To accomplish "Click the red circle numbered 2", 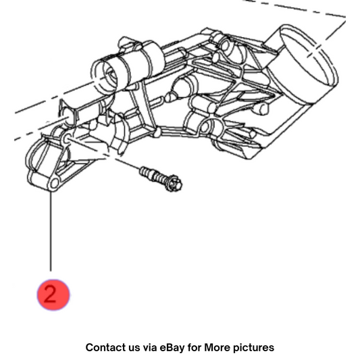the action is click(53, 294).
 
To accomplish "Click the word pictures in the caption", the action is click(254, 348).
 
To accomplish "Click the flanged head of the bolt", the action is click(174, 183).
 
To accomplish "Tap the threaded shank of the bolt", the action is click(153, 175).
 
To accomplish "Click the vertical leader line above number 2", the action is click(51, 232).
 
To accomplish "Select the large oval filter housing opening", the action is click(309, 55).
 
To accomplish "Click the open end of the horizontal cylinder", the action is click(104, 76).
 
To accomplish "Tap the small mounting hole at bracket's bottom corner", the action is click(55, 184).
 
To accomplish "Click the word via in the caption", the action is click(150, 347).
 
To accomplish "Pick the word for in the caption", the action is click(195, 347).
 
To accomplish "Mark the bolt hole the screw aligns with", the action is click(67, 138).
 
